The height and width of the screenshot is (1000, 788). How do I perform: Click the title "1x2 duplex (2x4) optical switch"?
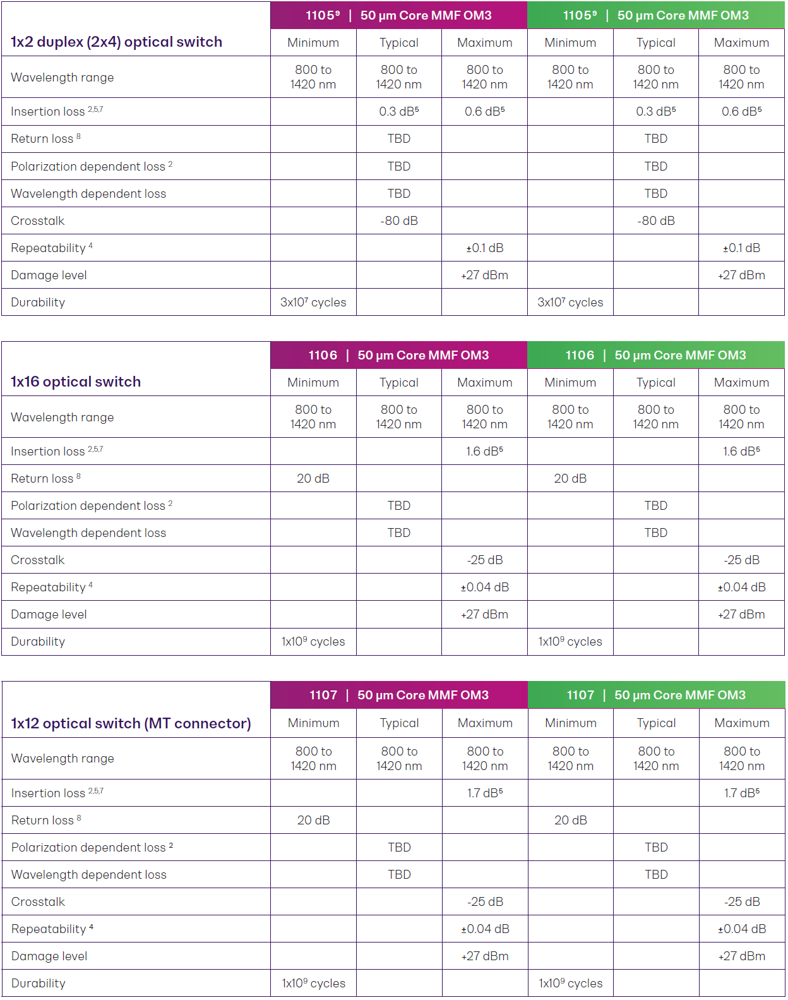tap(116, 42)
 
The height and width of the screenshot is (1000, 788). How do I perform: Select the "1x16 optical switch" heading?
tap(76, 382)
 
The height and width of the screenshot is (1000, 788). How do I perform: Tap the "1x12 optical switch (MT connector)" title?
tap(131, 723)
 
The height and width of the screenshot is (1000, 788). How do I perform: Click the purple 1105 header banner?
tap(398, 16)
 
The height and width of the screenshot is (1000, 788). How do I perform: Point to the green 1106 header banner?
tap(655, 356)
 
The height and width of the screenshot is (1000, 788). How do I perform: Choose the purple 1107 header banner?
tap(398, 696)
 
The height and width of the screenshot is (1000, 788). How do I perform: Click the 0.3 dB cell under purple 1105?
tap(398, 112)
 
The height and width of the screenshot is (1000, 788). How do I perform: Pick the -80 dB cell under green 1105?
tap(655, 221)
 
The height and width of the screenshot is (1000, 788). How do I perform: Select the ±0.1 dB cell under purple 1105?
tap(484, 248)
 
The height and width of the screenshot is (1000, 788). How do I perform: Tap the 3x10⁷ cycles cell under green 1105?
tap(570, 303)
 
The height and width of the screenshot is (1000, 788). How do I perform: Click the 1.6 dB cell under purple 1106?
tap(484, 452)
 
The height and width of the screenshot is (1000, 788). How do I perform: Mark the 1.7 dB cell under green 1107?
tap(741, 793)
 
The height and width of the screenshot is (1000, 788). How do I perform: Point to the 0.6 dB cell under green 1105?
tap(741, 112)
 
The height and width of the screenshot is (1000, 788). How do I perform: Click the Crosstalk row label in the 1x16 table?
tap(38, 560)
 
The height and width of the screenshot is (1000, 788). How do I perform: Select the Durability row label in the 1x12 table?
tap(39, 984)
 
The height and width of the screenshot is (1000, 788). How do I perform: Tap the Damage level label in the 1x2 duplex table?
tap(49, 275)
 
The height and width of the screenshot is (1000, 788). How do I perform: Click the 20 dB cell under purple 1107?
tap(313, 821)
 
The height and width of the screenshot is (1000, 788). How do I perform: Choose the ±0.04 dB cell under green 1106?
tap(741, 587)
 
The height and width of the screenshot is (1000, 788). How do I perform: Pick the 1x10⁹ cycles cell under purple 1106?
tap(313, 642)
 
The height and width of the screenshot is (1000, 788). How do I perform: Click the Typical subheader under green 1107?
tap(656, 723)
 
